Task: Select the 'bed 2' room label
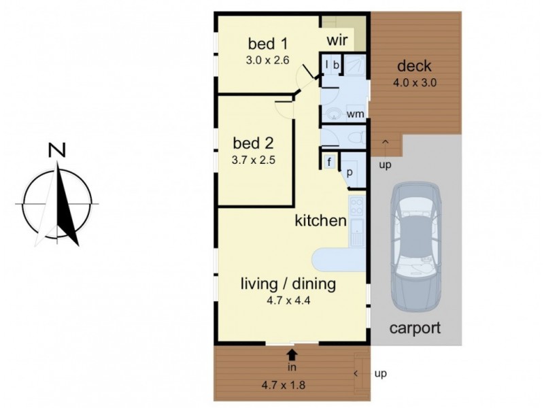[253, 143]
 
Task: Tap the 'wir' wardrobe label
[337, 41]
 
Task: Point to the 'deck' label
[414, 67]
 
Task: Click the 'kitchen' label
[321, 220]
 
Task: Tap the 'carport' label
[415, 328]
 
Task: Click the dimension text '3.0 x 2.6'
[268, 60]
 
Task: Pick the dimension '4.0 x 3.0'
[414, 83]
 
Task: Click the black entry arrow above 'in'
[292, 354]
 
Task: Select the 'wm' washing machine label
[354, 114]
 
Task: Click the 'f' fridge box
[329, 162]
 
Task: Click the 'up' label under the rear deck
[385, 165]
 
